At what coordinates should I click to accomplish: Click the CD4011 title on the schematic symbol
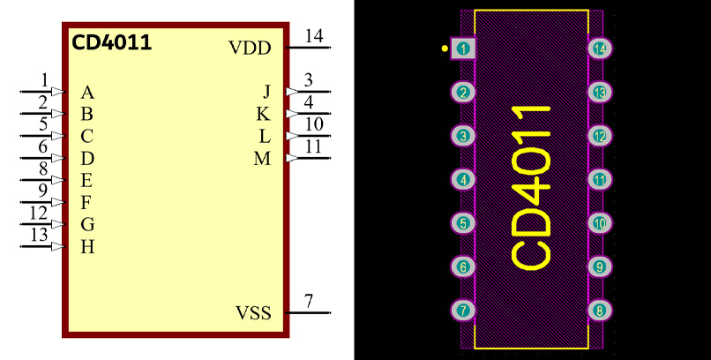tap(111, 41)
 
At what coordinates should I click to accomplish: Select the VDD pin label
tap(250, 48)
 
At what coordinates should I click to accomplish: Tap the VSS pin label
tap(253, 313)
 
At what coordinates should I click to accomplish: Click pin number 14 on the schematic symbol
tap(313, 36)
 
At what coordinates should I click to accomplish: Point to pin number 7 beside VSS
tap(309, 301)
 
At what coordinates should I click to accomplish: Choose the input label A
tap(87, 92)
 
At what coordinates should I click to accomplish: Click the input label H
tap(87, 247)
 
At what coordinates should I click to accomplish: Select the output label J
tap(266, 92)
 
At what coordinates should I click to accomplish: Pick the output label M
tap(262, 159)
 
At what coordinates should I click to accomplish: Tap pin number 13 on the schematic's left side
tap(39, 235)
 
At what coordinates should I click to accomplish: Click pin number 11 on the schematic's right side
tap(313, 147)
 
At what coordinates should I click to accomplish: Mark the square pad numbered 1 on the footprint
tap(464, 49)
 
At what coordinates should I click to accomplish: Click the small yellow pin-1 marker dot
tap(445, 48)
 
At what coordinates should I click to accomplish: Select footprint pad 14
tap(600, 49)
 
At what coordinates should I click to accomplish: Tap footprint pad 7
tap(464, 311)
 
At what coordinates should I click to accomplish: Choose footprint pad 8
tap(600, 311)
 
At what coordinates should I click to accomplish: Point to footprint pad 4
tap(464, 180)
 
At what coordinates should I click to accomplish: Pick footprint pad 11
tap(600, 180)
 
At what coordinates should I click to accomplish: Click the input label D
tap(87, 159)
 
